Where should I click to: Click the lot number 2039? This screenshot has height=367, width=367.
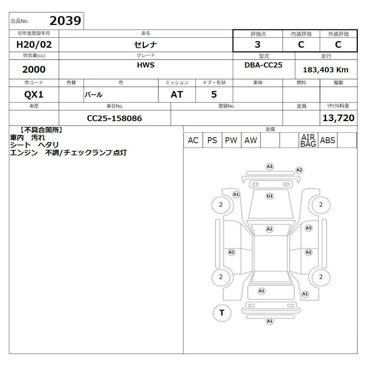click(65, 21)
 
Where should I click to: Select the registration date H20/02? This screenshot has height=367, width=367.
click(34, 44)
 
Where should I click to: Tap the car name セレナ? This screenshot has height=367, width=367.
click(145, 45)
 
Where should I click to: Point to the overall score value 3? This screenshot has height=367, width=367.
click(258, 44)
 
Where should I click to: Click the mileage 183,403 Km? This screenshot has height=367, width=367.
click(326, 70)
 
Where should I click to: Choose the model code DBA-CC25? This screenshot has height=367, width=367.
click(264, 65)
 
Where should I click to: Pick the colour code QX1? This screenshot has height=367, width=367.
click(34, 95)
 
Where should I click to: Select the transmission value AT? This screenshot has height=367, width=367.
click(177, 94)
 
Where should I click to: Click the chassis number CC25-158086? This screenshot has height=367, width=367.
click(115, 118)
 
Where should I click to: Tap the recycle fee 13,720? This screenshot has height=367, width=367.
click(338, 118)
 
